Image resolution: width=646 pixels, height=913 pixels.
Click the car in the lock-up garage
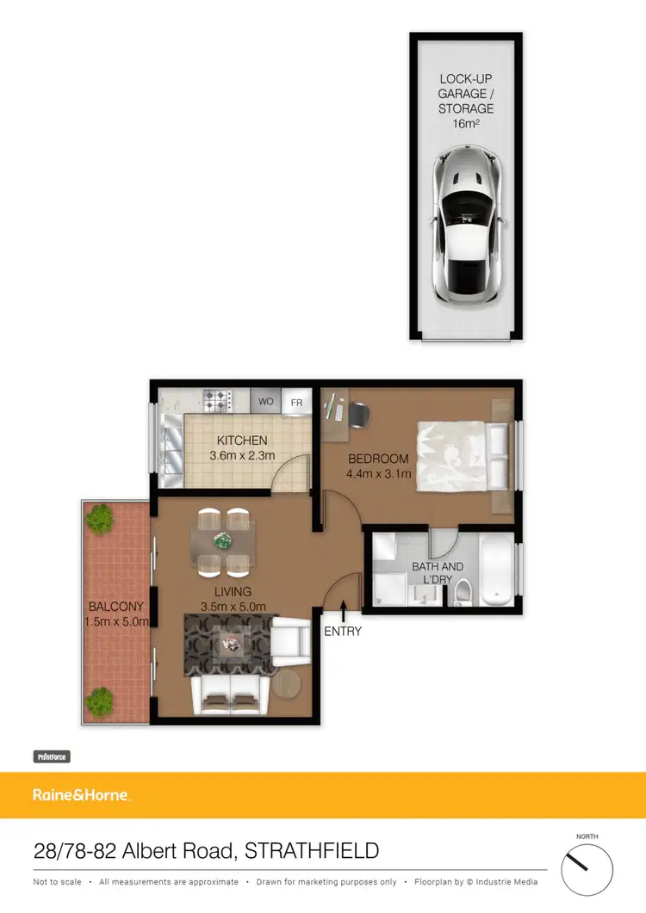point(465,225)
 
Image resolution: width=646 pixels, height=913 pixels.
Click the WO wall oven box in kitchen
point(266,402)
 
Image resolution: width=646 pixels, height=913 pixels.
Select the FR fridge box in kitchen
point(296,402)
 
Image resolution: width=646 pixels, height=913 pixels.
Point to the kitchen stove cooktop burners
point(218,399)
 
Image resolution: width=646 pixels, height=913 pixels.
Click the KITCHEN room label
point(242,441)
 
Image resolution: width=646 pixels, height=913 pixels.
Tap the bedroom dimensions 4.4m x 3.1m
point(379,473)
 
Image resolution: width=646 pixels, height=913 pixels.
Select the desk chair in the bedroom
point(359,414)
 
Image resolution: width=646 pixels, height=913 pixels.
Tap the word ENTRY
point(343,631)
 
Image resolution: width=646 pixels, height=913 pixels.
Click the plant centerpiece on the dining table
point(223,541)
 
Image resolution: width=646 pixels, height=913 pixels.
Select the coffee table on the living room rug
point(230,643)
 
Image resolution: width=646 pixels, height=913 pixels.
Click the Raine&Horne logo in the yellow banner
point(81,795)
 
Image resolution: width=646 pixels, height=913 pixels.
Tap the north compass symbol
point(587,869)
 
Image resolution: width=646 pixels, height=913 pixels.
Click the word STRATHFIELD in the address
point(312,851)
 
